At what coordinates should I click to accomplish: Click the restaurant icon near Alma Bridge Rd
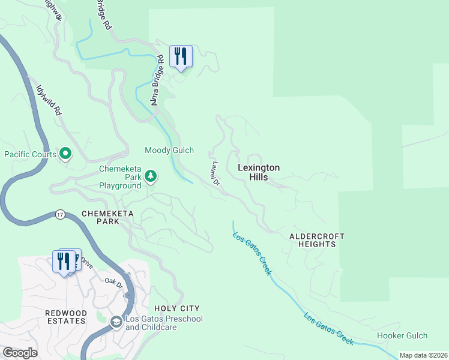pyautogui.click(x=181, y=56)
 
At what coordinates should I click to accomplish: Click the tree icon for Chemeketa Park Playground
pyautogui.click(x=151, y=176)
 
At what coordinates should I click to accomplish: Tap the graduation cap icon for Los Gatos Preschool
pyautogui.click(x=116, y=323)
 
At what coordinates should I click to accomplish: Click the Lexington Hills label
pyautogui.click(x=259, y=173)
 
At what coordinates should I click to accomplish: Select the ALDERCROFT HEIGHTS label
pyautogui.click(x=312, y=240)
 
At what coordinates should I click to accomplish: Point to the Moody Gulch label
pyautogui.click(x=169, y=150)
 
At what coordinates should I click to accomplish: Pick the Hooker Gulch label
pyautogui.click(x=402, y=335)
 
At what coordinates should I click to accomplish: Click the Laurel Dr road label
pyautogui.click(x=215, y=172)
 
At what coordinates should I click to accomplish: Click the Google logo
pyautogui.click(x=20, y=352)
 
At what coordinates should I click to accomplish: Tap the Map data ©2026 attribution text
pyautogui.click(x=423, y=355)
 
